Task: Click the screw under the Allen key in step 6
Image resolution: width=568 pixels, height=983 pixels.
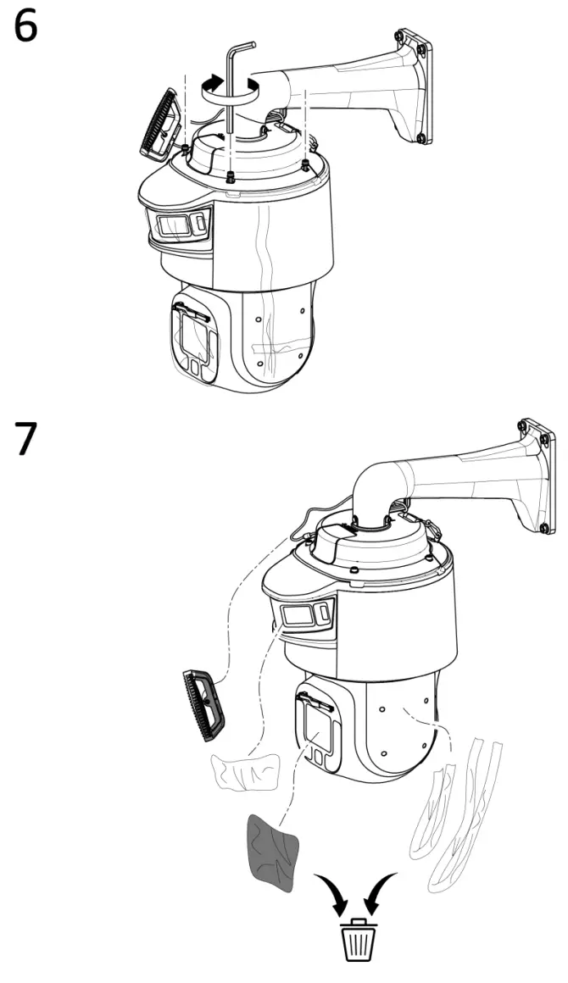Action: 231,176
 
